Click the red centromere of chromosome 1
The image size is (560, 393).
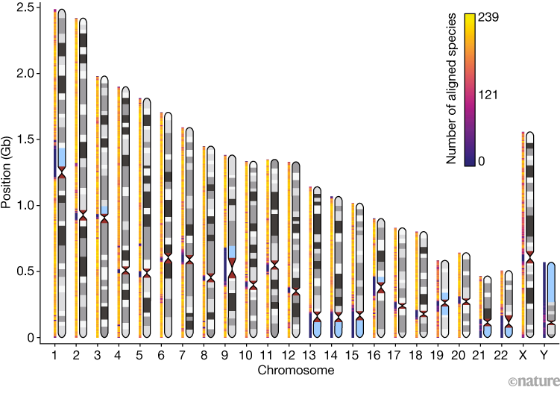(x=62, y=172)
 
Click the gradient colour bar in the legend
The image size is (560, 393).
(x=470, y=89)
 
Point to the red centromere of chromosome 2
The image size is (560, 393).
(x=83, y=215)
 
